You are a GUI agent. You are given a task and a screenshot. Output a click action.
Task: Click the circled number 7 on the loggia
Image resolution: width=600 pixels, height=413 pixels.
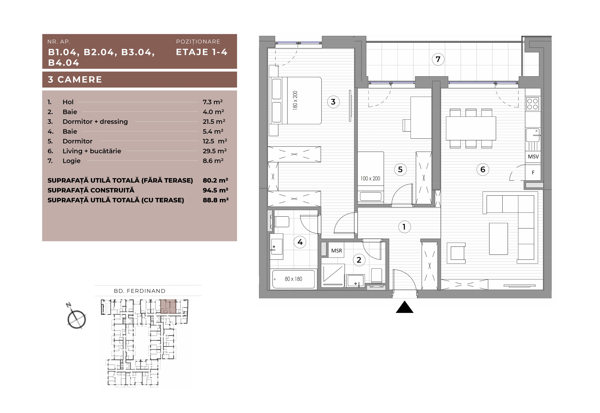click(x=438, y=59)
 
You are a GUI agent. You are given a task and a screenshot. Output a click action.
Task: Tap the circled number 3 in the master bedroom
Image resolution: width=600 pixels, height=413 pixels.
click(x=333, y=102)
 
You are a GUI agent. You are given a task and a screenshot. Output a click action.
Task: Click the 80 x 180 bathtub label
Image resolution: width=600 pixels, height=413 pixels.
click(x=293, y=279)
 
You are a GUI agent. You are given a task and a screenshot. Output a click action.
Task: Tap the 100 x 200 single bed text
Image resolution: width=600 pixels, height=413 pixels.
click(x=370, y=179)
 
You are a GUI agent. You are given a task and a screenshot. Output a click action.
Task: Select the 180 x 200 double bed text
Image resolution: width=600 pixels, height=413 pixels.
click(x=295, y=101)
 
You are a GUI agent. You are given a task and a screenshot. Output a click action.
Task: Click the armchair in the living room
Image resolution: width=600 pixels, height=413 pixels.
click(x=456, y=253)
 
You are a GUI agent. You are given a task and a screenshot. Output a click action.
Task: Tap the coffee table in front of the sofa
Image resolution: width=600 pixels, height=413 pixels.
click(x=498, y=239)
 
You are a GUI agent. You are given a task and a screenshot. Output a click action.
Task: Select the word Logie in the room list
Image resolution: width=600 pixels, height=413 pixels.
click(x=72, y=161)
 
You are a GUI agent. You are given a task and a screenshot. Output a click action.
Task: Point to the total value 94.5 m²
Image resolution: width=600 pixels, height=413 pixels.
click(x=215, y=190)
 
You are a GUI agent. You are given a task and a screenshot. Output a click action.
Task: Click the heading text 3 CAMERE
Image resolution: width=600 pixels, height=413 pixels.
click(x=75, y=79)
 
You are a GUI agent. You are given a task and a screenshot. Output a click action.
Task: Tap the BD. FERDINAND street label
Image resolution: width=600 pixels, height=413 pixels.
click(x=140, y=291)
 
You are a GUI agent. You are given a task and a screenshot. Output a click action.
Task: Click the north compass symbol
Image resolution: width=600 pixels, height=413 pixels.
click(x=76, y=317)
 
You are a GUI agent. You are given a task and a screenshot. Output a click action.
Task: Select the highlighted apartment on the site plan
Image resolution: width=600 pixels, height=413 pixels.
click(x=168, y=306)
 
